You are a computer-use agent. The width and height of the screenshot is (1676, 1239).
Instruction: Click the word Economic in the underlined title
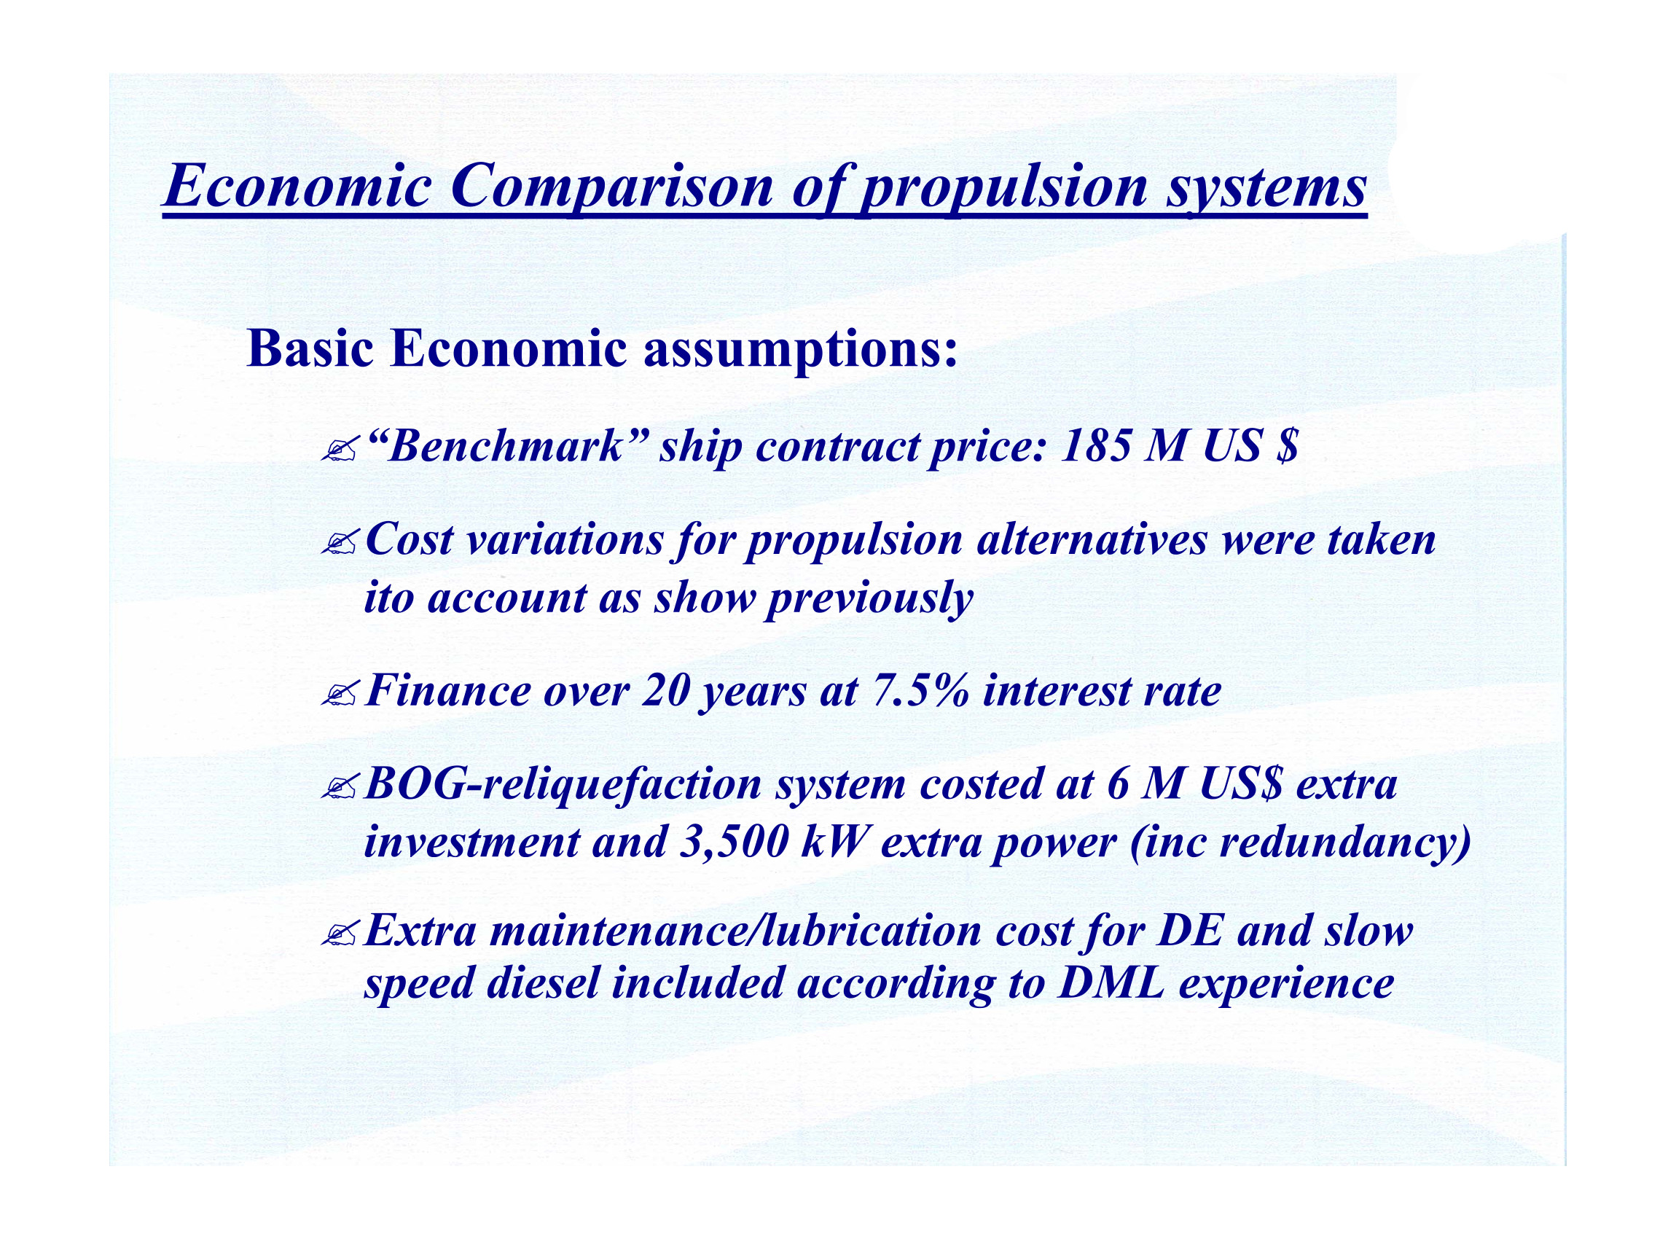[297, 186]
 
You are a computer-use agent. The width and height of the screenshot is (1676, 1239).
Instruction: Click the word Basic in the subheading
[310, 349]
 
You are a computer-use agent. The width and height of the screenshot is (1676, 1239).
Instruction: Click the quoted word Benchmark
[508, 446]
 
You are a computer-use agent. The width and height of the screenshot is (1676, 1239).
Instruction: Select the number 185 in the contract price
[1095, 447]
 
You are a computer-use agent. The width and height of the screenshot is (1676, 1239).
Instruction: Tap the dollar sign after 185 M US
[1285, 447]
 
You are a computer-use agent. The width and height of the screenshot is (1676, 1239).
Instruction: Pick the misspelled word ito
[388, 598]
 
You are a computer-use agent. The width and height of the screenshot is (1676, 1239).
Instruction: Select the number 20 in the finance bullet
[666, 691]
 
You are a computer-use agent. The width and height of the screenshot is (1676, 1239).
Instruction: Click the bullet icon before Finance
[339, 695]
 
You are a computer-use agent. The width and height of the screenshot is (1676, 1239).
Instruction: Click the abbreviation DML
[1111, 983]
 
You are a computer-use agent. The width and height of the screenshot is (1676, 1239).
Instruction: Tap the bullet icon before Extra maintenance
[339, 934]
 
